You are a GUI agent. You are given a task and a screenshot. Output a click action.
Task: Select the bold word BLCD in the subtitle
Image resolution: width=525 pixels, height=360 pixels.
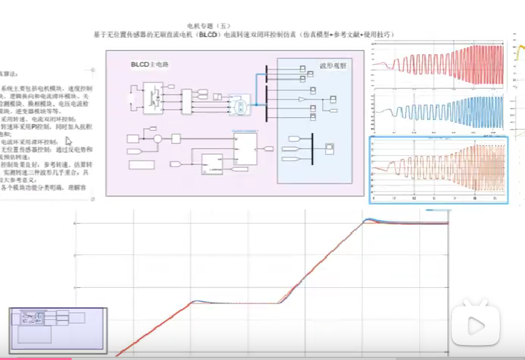(208, 34)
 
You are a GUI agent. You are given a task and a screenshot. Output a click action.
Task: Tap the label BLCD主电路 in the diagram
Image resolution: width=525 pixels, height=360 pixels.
(149, 65)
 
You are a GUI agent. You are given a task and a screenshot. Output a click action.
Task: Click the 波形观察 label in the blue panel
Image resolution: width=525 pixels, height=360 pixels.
(332, 66)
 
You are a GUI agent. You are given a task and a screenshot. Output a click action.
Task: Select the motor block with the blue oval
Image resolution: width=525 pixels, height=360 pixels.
(241, 106)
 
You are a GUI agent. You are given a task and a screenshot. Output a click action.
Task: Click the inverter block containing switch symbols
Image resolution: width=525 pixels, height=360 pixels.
(153, 94)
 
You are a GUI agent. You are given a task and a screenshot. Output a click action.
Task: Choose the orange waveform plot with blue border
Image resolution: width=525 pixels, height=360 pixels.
(439, 169)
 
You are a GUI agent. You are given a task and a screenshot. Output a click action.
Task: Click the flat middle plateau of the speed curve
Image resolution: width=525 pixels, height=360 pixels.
(236, 304)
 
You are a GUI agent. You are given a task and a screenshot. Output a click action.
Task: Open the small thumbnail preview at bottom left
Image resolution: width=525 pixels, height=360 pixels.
(57, 328)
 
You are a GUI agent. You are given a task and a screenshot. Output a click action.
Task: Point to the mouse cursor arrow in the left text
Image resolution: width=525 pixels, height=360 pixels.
(69, 141)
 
